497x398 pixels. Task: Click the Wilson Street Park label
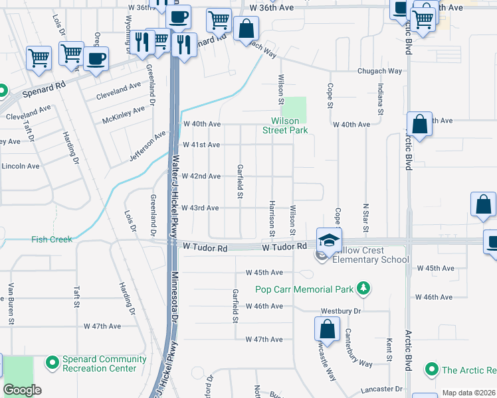pos(289,126)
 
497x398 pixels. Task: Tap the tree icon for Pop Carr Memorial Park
pos(363,288)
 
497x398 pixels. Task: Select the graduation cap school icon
pos(329,240)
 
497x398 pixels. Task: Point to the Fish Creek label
pos(51,239)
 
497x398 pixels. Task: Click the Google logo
pos(22,390)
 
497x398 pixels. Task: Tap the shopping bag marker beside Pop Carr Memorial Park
pos(327,329)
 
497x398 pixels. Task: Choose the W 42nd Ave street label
pos(201,176)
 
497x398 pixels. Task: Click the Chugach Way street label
pos(380,71)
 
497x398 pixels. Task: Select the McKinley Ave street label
pos(124,115)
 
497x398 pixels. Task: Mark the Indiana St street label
pos(381,98)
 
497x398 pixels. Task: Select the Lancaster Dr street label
pos(381,389)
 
